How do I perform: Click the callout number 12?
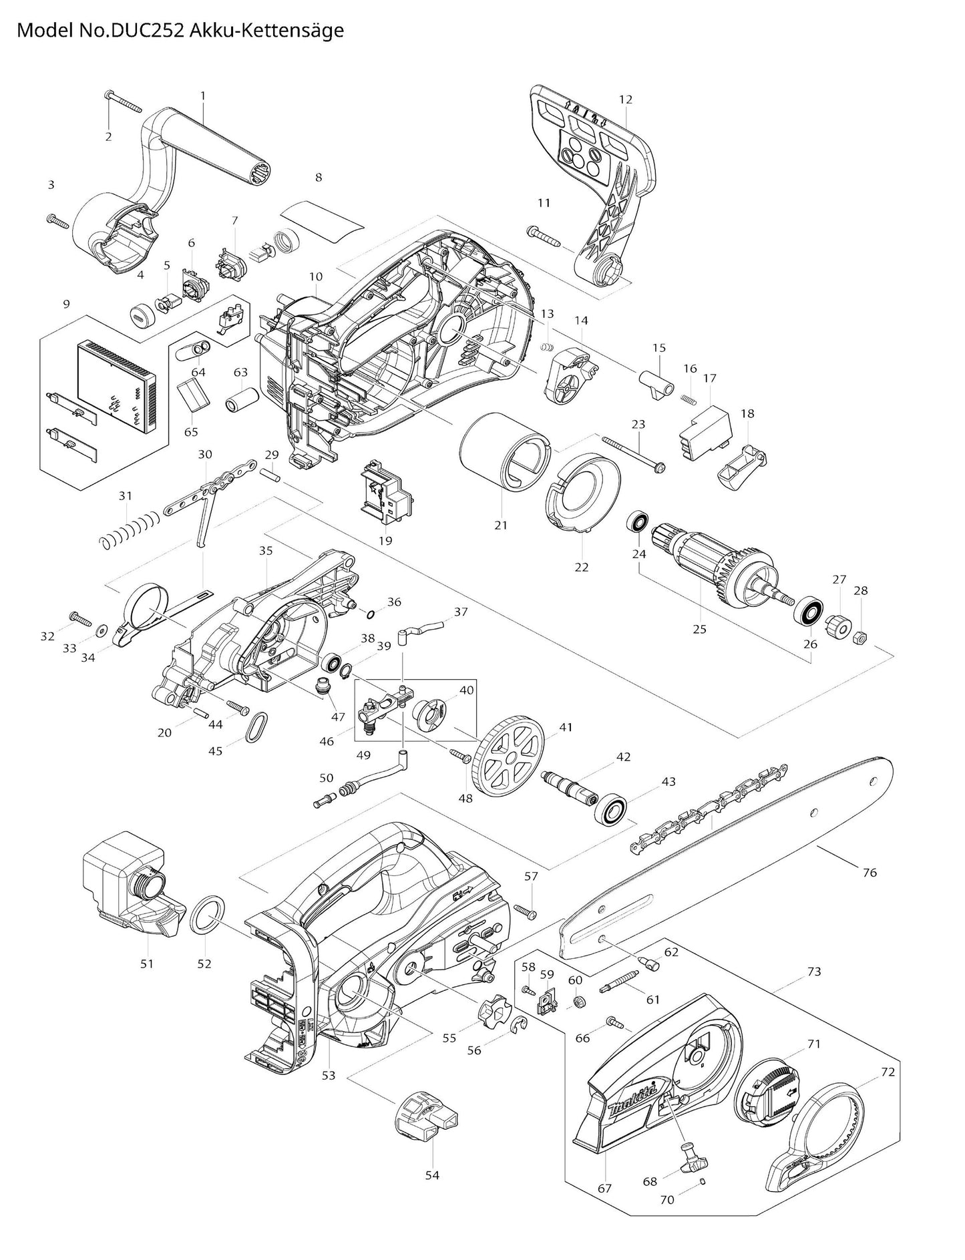[625, 99]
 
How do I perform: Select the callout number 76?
[870, 872]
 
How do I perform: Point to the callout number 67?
[605, 1188]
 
